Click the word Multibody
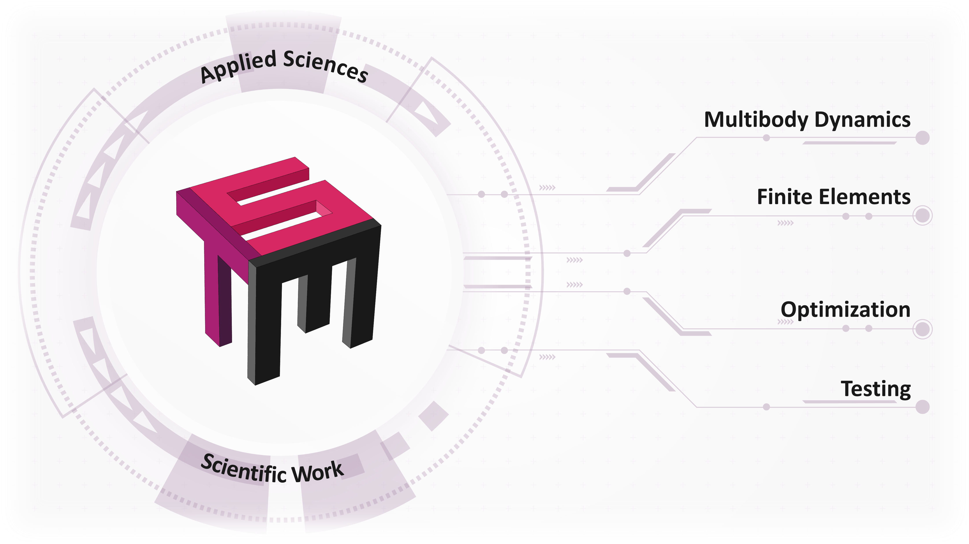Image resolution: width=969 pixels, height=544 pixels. (756, 120)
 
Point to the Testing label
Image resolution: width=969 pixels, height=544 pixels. (876, 389)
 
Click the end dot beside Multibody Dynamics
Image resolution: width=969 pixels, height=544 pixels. (922, 138)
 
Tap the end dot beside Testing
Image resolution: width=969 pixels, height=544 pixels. (922, 407)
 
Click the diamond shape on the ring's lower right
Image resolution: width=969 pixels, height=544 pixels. (434, 416)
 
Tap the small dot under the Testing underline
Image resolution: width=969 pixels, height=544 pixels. (766, 407)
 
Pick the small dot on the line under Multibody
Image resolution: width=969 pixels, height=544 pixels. (766, 138)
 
